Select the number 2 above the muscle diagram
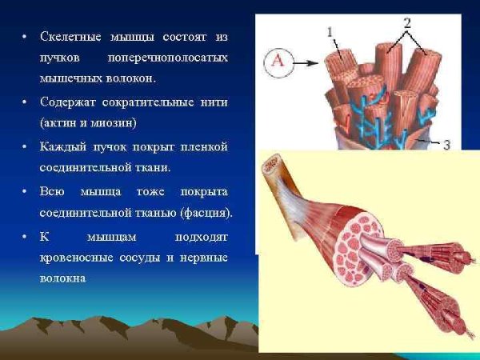click(x=407, y=22)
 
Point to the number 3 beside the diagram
click(x=446, y=144)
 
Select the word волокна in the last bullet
click(x=62, y=278)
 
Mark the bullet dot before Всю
click(x=25, y=193)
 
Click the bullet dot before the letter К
click(x=25, y=238)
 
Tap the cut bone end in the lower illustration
click(x=274, y=168)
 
